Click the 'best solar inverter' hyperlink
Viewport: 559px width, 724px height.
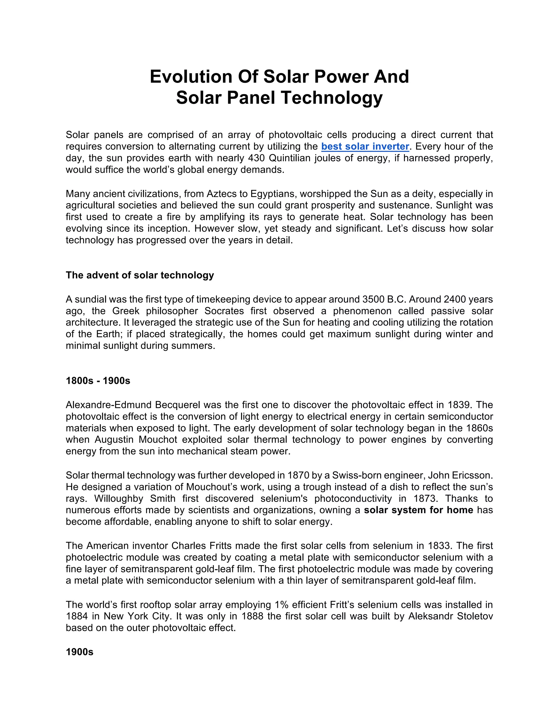pyautogui.click(x=365, y=146)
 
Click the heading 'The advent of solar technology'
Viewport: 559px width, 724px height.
pyautogui.click(x=140, y=275)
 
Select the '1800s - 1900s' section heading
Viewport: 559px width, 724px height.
pyautogui.click(x=98, y=381)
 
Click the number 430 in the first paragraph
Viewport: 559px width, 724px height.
pyautogui.click(x=256, y=158)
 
